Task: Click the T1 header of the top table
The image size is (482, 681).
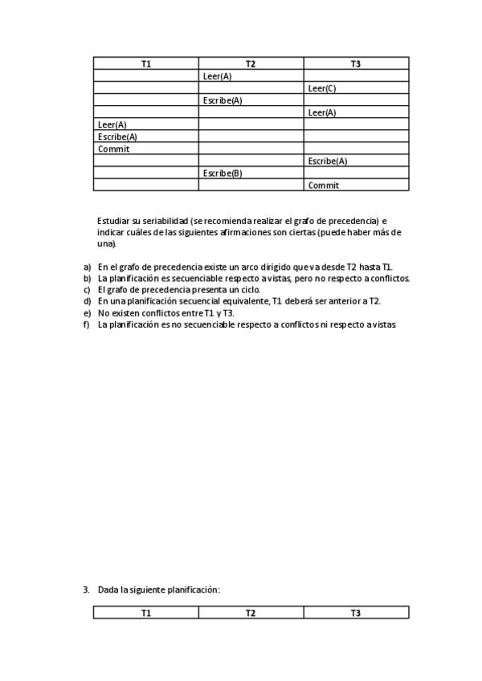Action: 146,63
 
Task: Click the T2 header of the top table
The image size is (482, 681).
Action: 251,63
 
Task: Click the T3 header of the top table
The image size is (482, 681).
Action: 356,63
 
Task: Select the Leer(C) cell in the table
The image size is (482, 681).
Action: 322,88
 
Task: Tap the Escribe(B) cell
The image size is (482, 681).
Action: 223,173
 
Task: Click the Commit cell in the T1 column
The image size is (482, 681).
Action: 114,149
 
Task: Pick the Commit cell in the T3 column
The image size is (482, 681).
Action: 324,185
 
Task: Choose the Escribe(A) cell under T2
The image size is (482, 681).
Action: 223,100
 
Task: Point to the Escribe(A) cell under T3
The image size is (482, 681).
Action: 328,161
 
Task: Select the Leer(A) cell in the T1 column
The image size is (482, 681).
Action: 112,124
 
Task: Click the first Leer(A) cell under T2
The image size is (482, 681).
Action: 218,76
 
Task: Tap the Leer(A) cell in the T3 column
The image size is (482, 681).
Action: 322,112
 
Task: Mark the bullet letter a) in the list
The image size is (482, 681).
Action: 88,267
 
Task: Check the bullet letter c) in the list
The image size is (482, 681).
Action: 88,290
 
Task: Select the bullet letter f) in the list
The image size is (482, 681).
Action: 88,324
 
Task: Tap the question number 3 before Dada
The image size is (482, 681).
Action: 86,589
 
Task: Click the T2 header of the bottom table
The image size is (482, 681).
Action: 251,613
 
